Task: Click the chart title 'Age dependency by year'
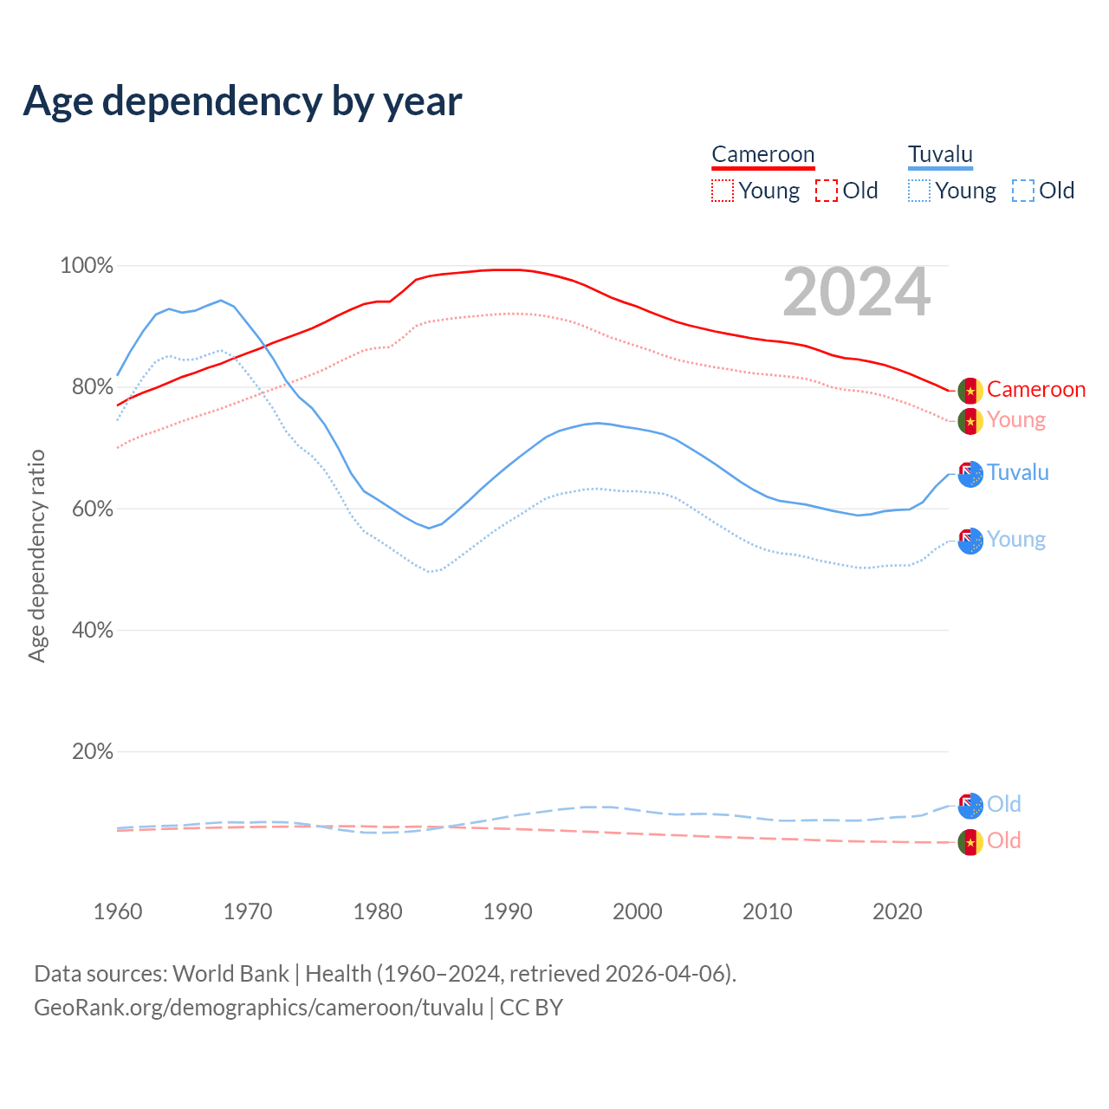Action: (x=243, y=101)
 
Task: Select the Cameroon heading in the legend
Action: (x=762, y=155)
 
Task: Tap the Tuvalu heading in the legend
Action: (x=940, y=155)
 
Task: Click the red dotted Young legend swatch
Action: (x=722, y=191)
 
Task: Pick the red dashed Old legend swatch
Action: (x=827, y=191)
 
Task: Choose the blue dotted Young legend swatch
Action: (x=919, y=191)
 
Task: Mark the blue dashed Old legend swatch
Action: (x=1023, y=191)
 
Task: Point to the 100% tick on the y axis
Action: (x=87, y=266)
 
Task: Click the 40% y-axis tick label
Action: (x=92, y=631)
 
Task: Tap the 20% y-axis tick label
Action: (x=92, y=752)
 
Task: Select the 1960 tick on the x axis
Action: (x=118, y=911)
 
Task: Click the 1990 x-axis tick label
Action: (x=508, y=911)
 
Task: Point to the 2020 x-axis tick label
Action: (x=898, y=911)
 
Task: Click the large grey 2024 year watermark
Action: (x=856, y=293)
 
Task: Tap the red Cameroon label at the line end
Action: (x=1035, y=390)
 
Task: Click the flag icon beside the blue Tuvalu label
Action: (x=970, y=474)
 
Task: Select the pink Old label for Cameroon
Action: (x=1003, y=841)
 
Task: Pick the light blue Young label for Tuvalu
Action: (x=1015, y=540)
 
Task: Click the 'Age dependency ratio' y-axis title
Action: (x=36, y=555)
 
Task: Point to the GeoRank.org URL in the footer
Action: (x=258, y=1008)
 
